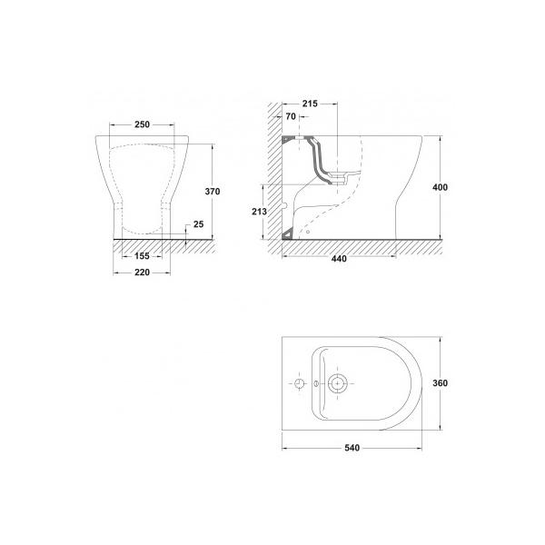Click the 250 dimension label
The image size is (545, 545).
pyautogui.click(x=143, y=124)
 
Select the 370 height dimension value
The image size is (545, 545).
pyautogui.click(x=213, y=192)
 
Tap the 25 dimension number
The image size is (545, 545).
pyautogui.click(x=198, y=224)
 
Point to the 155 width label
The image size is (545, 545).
pyautogui.click(x=142, y=256)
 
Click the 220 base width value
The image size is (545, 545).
pyautogui.click(x=143, y=272)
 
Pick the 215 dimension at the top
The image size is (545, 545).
pyautogui.click(x=310, y=104)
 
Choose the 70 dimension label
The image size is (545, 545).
pyautogui.click(x=291, y=116)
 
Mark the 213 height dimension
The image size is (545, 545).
pyautogui.click(x=259, y=212)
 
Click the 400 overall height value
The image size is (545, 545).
pyautogui.click(x=440, y=187)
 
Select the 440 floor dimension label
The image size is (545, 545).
pyautogui.click(x=339, y=259)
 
